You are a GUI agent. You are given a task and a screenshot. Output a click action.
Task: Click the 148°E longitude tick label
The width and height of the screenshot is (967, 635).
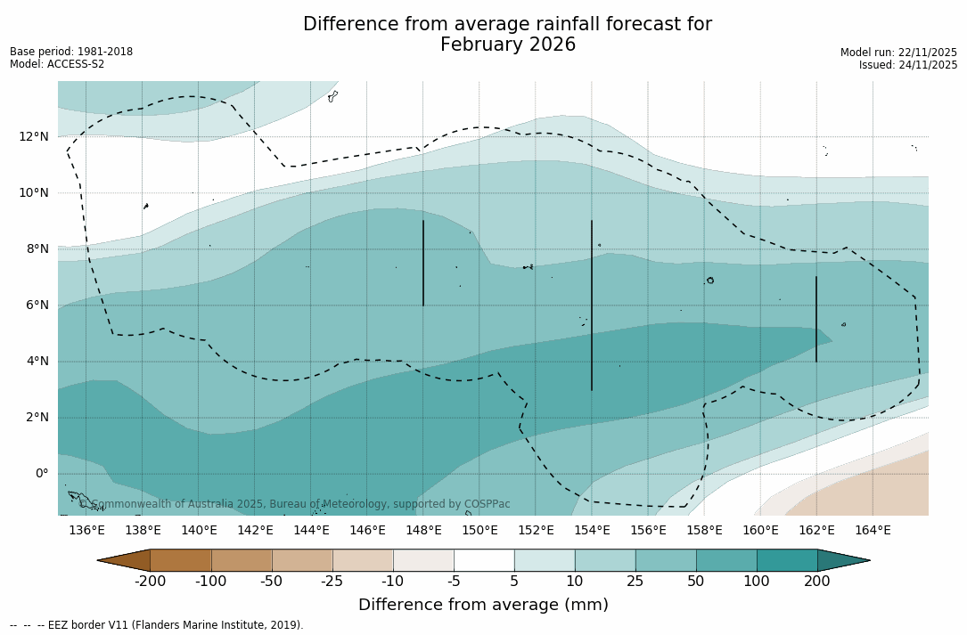(x=423, y=531)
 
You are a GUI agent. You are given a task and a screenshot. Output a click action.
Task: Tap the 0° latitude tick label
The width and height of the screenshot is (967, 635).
(x=41, y=473)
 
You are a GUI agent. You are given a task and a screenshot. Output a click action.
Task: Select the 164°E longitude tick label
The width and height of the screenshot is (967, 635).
(x=873, y=531)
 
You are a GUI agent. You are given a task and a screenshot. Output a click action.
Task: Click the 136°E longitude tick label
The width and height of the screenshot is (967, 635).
(x=86, y=531)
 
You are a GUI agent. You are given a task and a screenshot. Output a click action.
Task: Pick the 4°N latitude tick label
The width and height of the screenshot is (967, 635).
(x=37, y=361)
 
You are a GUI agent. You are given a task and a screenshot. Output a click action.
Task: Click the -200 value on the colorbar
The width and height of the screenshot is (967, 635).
(x=150, y=582)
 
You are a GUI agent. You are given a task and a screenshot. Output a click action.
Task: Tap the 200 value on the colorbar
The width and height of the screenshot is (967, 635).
(x=816, y=582)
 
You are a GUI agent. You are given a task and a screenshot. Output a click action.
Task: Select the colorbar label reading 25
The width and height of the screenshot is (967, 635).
(x=635, y=582)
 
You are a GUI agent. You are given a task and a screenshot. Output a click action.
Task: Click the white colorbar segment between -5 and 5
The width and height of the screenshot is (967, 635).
(x=484, y=560)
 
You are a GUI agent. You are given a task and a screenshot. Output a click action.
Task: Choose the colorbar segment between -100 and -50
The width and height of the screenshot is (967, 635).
(x=242, y=560)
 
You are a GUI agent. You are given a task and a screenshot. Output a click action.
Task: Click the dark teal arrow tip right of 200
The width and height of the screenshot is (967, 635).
(x=842, y=560)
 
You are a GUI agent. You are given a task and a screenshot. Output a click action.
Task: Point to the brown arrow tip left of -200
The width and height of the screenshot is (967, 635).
(x=125, y=560)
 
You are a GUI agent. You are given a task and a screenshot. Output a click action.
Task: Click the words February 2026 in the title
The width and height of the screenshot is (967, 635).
(x=508, y=45)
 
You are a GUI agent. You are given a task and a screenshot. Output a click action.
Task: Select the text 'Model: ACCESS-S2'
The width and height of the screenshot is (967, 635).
(x=57, y=64)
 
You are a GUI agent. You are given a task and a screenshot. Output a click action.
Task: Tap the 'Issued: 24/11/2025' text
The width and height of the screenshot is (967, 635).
(x=907, y=65)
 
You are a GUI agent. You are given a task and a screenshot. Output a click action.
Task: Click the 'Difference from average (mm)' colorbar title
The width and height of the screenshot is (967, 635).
(x=483, y=606)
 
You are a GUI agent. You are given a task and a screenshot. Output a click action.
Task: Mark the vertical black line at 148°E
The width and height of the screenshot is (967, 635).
(x=423, y=263)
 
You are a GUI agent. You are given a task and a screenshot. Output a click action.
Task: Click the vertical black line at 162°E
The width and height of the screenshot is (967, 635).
(x=815, y=319)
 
